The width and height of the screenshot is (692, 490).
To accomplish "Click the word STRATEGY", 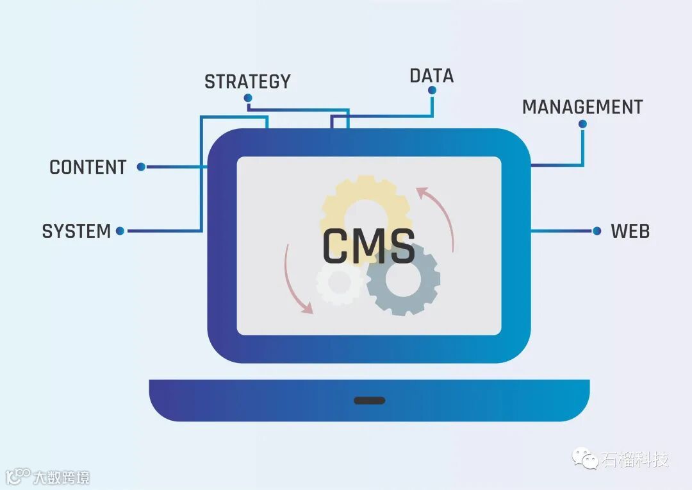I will pyautogui.click(x=247, y=81).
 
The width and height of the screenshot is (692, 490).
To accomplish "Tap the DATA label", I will pyautogui.click(x=431, y=76).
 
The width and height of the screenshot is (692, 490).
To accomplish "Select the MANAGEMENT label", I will pyautogui.click(x=582, y=107).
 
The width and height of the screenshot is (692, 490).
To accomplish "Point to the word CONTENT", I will pyautogui.click(x=88, y=167).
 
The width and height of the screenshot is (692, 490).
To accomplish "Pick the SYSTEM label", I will pyautogui.click(x=76, y=231).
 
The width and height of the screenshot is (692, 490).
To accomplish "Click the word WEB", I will pyautogui.click(x=630, y=231).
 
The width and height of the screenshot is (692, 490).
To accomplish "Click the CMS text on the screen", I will pyautogui.click(x=368, y=246).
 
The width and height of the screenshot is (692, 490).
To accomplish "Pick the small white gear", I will pyautogui.click(x=338, y=282).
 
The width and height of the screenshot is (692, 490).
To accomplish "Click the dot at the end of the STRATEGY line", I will pyautogui.click(x=248, y=98).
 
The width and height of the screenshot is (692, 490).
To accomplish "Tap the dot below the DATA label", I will pyautogui.click(x=432, y=90).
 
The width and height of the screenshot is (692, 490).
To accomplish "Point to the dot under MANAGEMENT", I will pyautogui.click(x=582, y=124).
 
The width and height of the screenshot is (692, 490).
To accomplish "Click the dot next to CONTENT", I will pyautogui.click(x=141, y=167).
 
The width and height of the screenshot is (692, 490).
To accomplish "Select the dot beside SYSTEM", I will pyautogui.click(x=120, y=231).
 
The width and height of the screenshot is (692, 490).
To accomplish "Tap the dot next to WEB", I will pyautogui.click(x=597, y=231).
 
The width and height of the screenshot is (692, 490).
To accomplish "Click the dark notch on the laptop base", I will pyautogui.click(x=370, y=400).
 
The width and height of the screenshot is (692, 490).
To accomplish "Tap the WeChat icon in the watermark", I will pyautogui.click(x=585, y=458).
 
